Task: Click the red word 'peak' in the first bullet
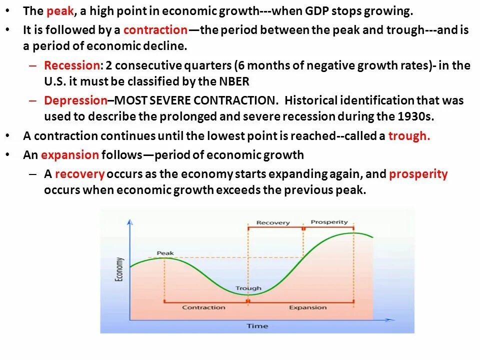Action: coord(60,11)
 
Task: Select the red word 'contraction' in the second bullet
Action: coord(155,30)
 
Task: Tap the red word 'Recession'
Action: coord(72,65)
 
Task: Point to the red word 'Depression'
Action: coord(75,100)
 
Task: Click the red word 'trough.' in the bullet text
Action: coord(409,136)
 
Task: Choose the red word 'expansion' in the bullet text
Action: coord(70,155)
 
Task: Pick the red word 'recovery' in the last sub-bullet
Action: coord(79,174)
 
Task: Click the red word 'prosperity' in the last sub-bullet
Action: coord(418,174)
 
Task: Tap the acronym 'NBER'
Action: coord(233,81)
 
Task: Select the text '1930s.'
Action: coord(419,116)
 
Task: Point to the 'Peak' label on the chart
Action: coord(165,253)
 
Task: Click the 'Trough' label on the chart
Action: coord(248,288)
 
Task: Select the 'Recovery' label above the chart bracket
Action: coord(273,222)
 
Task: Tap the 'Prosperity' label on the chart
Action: coord(329,222)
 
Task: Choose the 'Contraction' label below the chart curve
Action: coord(203,307)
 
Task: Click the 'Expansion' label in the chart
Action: coord(307,307)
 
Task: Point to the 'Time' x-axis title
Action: coord(257,326)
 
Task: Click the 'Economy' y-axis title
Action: coord(119,270)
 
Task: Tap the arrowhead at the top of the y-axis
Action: coord(130,220)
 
